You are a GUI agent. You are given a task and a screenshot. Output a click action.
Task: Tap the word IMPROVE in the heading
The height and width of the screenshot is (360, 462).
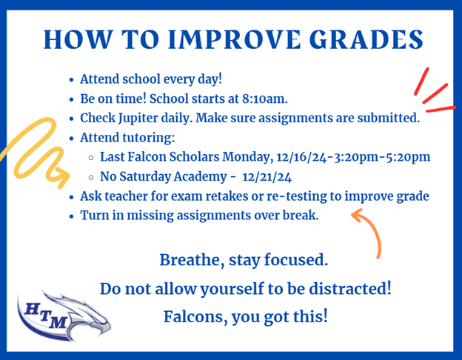[235, 39]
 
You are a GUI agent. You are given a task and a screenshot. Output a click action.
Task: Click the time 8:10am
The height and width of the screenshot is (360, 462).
[264, 99]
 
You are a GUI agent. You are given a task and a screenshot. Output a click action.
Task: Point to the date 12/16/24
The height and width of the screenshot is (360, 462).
[301, 157]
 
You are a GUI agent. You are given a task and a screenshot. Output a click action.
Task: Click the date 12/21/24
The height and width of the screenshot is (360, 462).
[267, 177]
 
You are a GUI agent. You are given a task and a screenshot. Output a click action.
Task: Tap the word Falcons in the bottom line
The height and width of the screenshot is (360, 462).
[195, 316]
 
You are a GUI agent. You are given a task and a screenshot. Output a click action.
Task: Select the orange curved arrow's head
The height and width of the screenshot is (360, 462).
[358, 216]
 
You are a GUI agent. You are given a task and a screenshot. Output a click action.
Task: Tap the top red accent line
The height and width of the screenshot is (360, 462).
[421, 81]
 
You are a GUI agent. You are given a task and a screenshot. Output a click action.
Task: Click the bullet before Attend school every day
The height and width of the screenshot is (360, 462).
[71, 80]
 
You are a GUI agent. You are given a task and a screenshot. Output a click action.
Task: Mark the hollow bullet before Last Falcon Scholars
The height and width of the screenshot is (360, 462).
[91, 158]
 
